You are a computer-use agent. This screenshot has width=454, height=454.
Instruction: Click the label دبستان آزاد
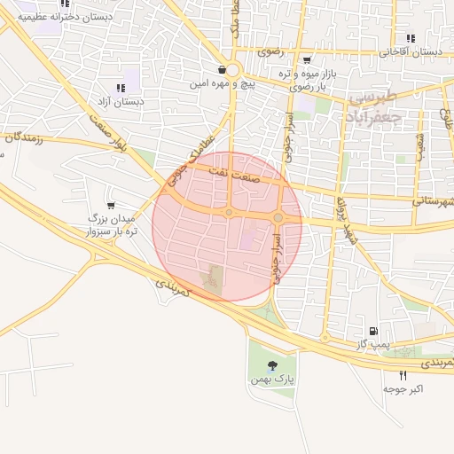coord(123,102)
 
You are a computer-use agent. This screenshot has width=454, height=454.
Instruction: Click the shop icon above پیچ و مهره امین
coord(221,70)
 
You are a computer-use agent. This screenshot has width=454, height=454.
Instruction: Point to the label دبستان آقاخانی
coord(411,52)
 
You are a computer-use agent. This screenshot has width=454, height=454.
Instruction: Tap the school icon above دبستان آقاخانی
coord(410,38)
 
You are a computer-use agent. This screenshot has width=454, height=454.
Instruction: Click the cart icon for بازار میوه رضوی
coord(307,60)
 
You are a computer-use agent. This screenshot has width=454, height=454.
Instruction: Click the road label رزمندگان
coord(24,137)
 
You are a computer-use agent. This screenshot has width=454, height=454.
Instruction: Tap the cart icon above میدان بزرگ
coord(111,205)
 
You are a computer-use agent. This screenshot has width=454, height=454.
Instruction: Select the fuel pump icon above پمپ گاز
coord(383,329)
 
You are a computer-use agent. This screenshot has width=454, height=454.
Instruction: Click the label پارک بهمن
coord(271,379)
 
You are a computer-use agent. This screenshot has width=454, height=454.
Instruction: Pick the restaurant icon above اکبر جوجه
coord(403,375)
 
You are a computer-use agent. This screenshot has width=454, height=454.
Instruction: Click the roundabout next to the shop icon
coord(232,70)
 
